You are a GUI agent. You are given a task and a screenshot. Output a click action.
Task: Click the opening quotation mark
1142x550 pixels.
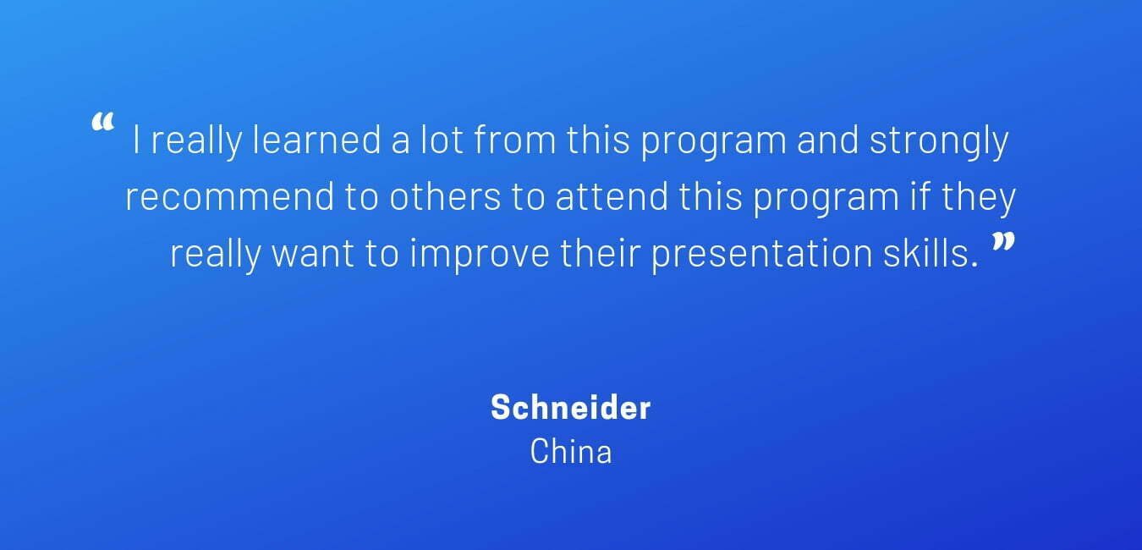102,123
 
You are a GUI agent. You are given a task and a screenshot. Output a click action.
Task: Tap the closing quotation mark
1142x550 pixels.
1002,242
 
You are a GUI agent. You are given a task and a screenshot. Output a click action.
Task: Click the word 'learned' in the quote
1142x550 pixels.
316,140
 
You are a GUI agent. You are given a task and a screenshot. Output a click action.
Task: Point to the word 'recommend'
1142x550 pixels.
230,196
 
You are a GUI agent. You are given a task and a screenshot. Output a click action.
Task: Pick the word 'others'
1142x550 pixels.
445,196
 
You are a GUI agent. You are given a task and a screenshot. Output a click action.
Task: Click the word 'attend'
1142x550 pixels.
612,196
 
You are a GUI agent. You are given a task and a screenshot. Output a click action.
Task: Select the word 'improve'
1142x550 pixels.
480,256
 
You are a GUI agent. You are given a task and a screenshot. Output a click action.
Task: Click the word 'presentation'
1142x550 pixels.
761,256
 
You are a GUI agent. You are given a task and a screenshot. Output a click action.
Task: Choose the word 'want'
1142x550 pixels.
312,254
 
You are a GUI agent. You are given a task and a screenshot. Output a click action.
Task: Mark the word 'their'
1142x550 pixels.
600,253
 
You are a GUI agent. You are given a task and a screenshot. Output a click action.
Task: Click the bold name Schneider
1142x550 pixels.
570,407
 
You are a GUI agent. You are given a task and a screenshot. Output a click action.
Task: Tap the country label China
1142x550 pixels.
570,451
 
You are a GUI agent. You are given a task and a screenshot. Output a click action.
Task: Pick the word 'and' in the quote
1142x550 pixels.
827,140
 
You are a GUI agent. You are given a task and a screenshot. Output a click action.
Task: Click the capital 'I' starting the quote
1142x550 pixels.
136,140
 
